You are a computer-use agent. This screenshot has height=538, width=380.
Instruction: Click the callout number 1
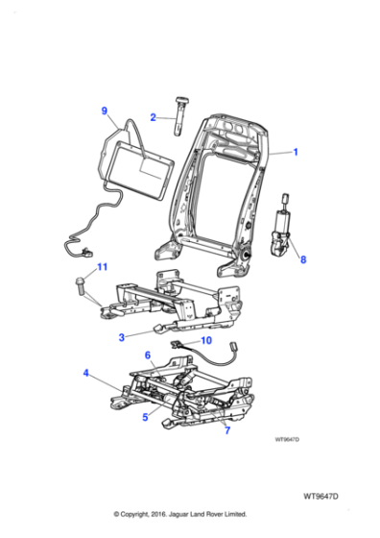pyautogui.click(x=296, y=153)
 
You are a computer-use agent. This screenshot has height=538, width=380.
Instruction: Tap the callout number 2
pyautogui.click(x=153, y=117)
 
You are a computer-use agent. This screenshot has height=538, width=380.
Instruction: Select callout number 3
pyautogui.click(x=122, y=337)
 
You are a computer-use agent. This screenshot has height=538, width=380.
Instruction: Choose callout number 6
pyautogui.click(x=148, y=355)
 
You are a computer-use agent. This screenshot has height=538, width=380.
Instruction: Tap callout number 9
pyautogui.click(x=105, y=111)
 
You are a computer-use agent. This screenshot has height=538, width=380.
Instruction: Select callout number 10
pyautogui.click(x=204, y=340)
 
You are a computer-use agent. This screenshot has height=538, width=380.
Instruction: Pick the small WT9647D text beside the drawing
pyautogui.click(x=287, y=438)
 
